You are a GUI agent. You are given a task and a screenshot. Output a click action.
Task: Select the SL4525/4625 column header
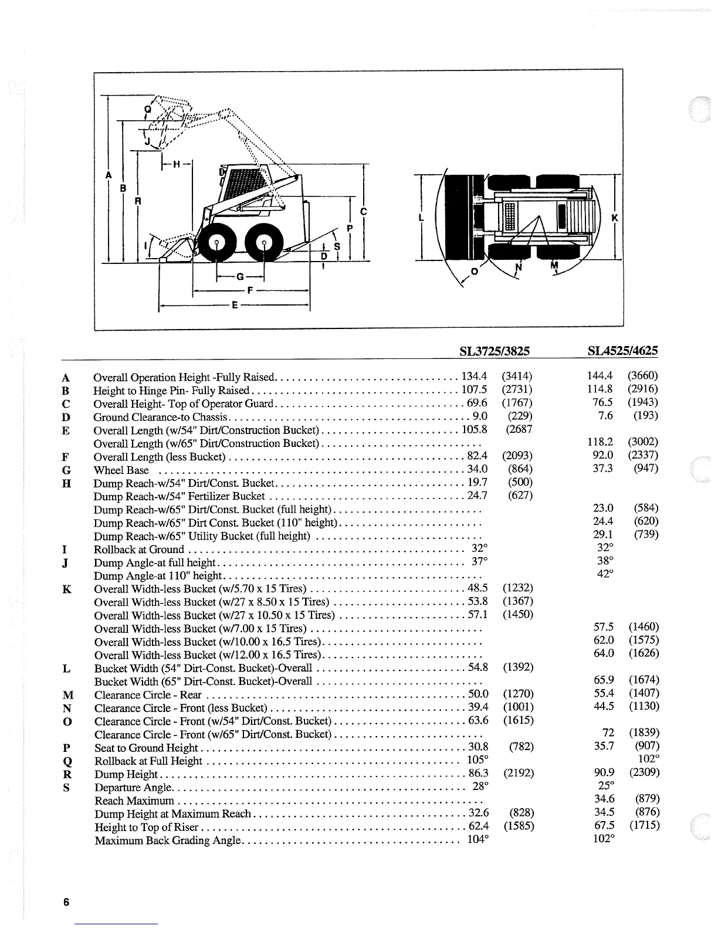pyautogui.click(x=622, y=351)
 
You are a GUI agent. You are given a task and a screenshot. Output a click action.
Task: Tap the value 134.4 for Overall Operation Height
pyautogui.click(x=475, y=376)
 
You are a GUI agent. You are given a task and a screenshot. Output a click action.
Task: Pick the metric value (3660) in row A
pyautogui.click(x=643, y=375)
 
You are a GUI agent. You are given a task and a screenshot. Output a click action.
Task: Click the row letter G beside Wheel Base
pyautogui.click(x=66, y=470)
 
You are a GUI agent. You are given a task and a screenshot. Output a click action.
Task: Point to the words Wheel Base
pyautogui.click(x=121, y=470)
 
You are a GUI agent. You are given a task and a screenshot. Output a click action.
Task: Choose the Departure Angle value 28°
pyautogui.click(x=480, y=786)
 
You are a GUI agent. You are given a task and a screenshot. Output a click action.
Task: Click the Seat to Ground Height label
pyautogui.click(x=146, y=748)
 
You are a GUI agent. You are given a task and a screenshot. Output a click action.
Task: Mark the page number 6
pyautogui.click(x=66, y=902)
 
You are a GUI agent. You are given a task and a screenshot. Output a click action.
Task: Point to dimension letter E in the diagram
pyautogui.click(x=235, y=306)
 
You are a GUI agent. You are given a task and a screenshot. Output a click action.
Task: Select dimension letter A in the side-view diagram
pyautogui.click(x=109, y=175)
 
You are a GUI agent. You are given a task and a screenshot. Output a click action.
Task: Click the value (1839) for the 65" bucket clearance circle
pyautogui.click(x=644, y=733)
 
